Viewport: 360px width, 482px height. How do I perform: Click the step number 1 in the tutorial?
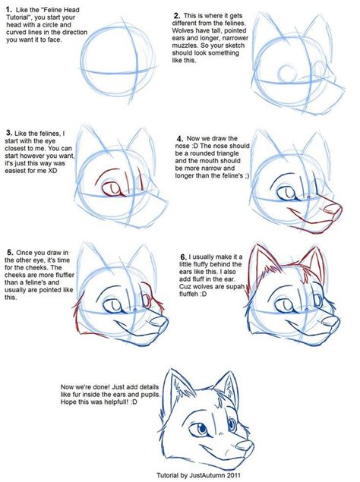point(8,10)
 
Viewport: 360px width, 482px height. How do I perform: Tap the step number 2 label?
point(177,16)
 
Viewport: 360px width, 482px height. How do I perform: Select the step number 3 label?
point(9,133)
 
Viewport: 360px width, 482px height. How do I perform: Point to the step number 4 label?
point(180,139)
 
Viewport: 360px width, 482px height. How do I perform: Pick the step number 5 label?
point(10,253)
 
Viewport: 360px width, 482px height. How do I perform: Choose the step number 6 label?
point(184,257)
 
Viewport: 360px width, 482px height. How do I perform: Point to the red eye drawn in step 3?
point(111,188)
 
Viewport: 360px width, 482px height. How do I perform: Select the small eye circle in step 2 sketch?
point(287,73)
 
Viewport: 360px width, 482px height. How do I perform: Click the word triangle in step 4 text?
point(229,153)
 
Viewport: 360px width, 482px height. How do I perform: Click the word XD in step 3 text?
point(52,170)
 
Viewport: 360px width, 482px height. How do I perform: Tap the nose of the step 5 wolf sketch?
point(160,322)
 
